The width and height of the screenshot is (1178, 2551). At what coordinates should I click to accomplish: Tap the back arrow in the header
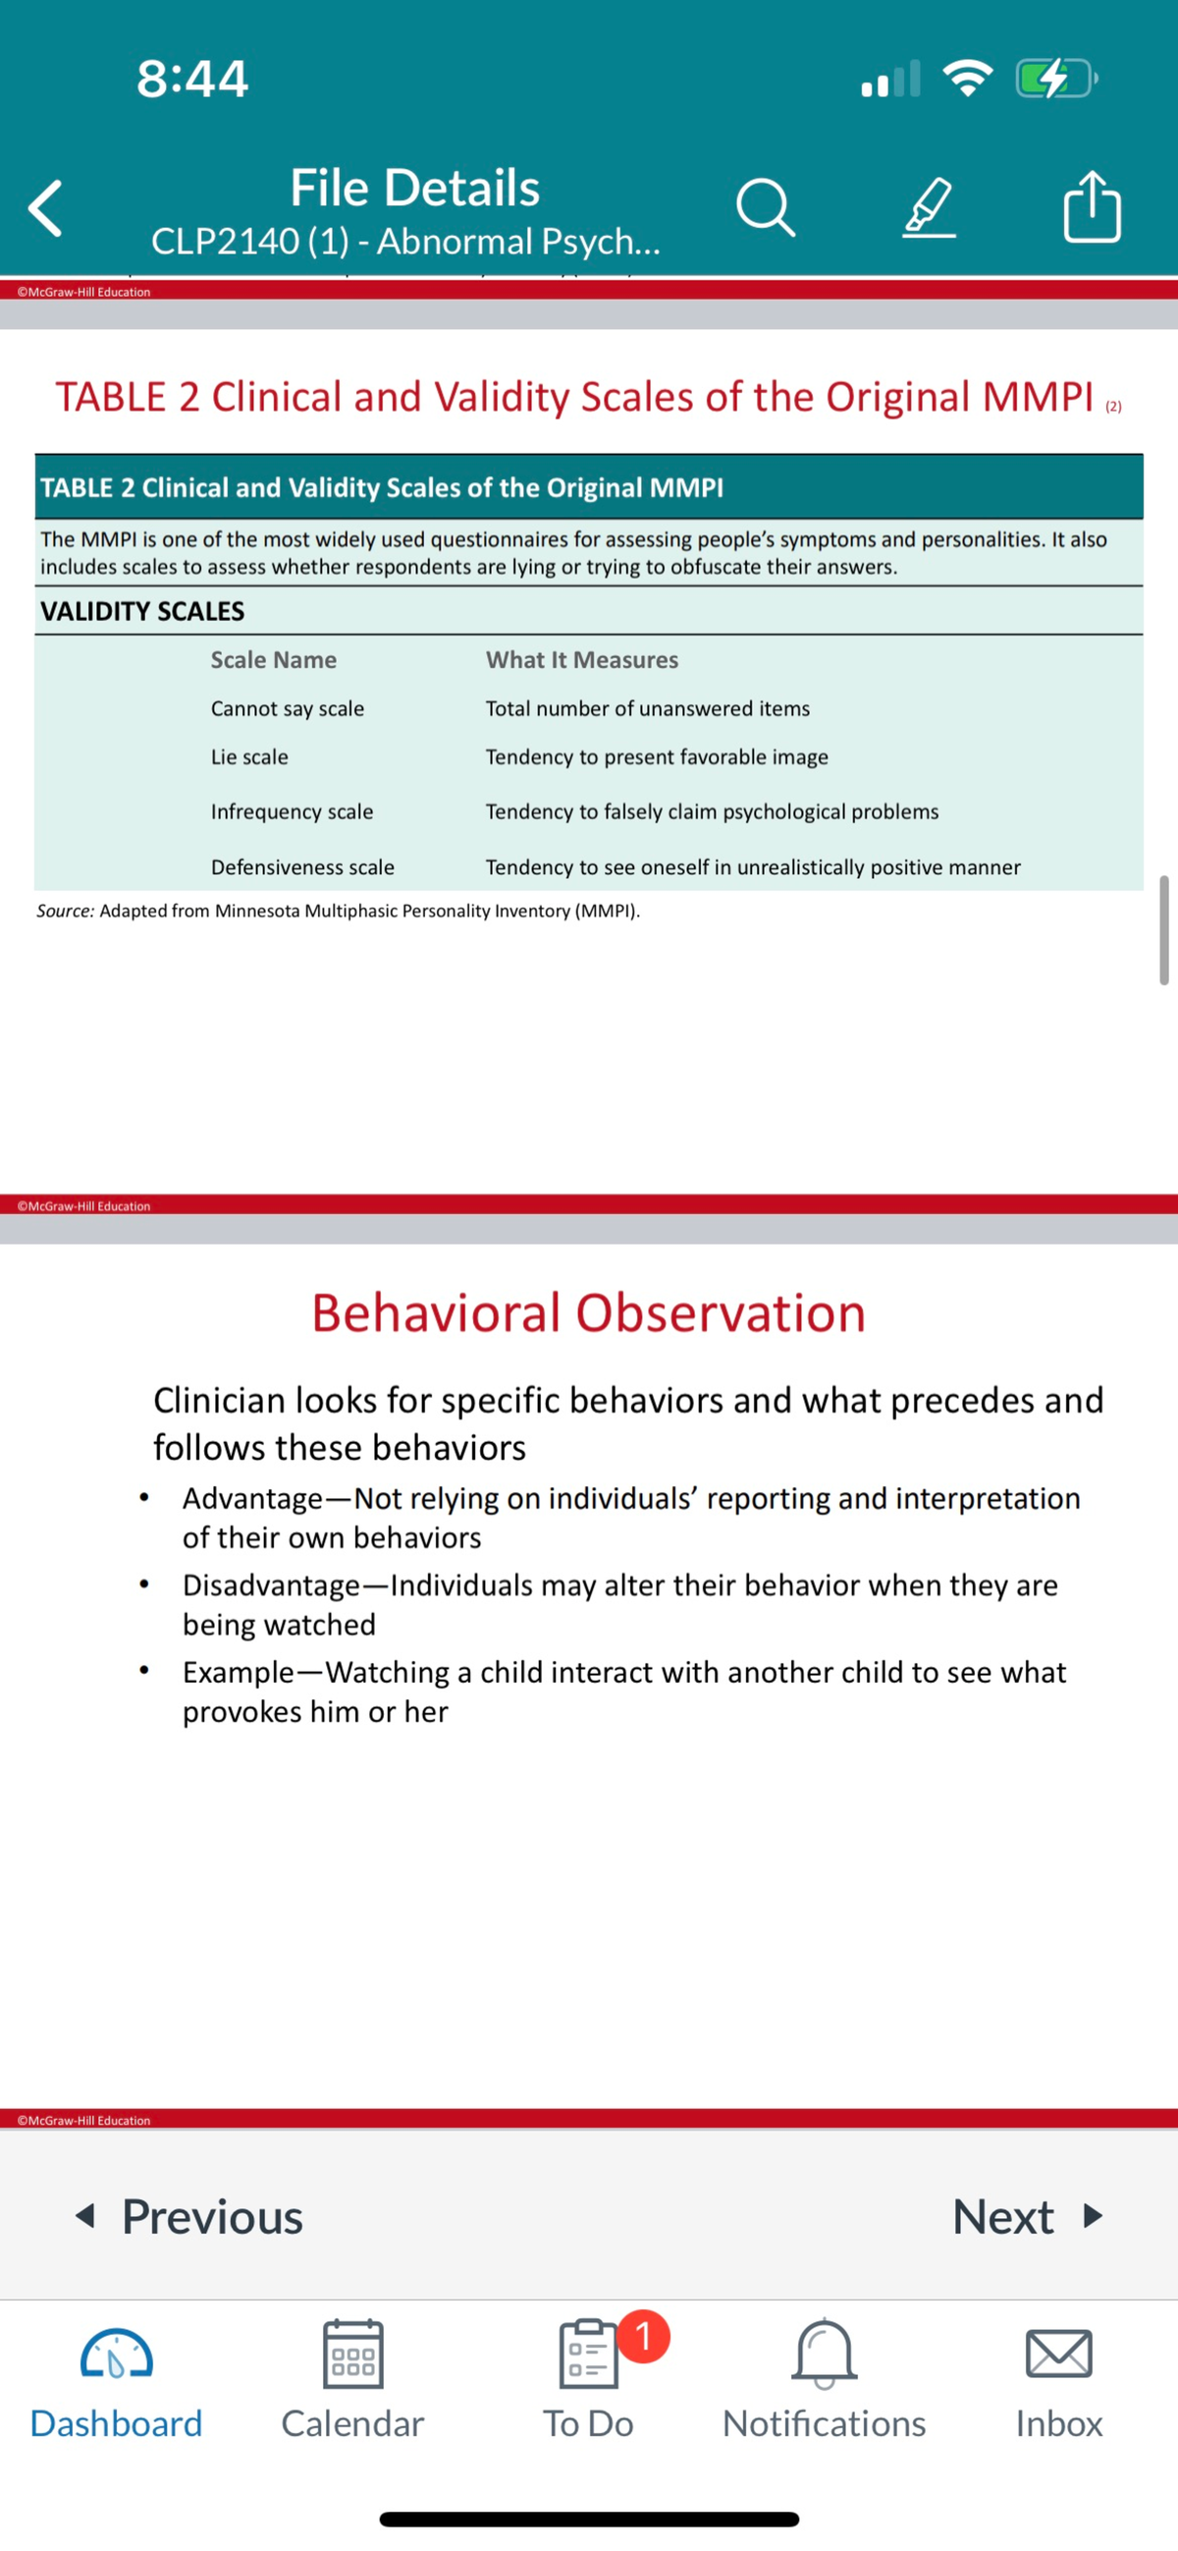(45, 208)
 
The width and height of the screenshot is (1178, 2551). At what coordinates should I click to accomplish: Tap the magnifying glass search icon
(765, 207)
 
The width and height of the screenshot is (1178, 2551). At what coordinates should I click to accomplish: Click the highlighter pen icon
(929, 207)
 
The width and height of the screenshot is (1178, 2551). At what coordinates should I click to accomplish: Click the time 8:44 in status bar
(192, 79)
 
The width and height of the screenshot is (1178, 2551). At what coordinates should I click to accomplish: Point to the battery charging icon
(1055, 79)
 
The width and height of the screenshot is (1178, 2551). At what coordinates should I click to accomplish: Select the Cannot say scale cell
(287, 708)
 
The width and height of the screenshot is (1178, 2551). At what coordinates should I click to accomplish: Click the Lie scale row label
(249, 756)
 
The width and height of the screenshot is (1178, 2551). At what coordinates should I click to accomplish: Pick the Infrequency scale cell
(292, 811)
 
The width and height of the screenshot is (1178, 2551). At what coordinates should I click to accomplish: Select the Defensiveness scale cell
(302, 866)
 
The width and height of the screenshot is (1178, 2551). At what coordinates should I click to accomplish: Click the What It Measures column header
(582, 659)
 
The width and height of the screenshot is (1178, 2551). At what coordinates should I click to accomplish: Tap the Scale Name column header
(273, 659)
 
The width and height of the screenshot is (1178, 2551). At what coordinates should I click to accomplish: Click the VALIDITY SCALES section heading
(142, 611)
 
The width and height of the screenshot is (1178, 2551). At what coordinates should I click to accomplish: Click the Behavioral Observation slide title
(588, 1312)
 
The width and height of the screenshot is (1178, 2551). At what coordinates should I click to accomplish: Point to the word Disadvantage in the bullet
(270, 1584)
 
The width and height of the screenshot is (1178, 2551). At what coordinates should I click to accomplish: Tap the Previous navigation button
(190, 2216)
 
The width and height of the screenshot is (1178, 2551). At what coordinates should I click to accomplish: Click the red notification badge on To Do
(643, 2336)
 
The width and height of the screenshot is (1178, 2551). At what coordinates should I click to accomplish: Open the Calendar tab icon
(352, 2355)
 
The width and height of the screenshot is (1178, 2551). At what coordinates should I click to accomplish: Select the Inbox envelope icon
(1058, 2355)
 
